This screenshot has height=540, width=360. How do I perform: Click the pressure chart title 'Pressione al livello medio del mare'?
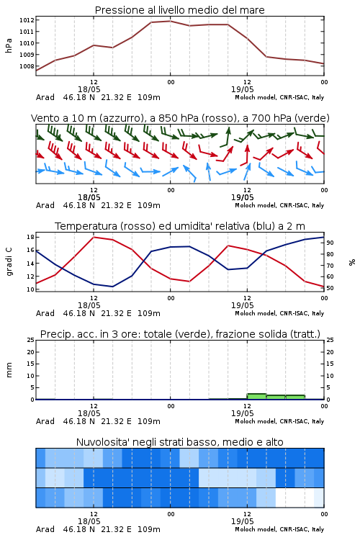(x=179, y=10)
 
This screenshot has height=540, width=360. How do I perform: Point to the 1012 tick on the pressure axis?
(x=27, y=20)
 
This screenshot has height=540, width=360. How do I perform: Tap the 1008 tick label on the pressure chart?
(x=27, y=66)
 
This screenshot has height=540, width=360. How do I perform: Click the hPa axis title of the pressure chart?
(x=9, y=45)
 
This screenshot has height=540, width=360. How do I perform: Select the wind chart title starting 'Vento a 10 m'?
(x=180, y=118)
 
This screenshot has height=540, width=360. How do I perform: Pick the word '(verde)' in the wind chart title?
(x=314, y=118)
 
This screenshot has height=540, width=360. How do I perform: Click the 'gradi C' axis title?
(x=9, y=262)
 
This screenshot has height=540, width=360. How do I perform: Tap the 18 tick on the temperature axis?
(x=30, y=237)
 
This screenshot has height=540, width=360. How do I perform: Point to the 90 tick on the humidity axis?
(x=330, y=243)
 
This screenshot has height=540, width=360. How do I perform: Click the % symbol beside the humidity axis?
(x=352, y=262)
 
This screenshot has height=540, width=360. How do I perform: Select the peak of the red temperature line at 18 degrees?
(x=94, y=237)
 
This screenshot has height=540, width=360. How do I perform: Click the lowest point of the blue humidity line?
(x=112, y=287)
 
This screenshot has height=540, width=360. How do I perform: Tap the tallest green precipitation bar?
(x=256, y=397)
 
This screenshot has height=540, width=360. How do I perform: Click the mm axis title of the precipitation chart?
(x=9, y=370)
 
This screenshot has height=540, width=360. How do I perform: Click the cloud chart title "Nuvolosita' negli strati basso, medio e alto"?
(x=179, y=442)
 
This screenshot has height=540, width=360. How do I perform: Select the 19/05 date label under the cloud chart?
(x=243, y=521)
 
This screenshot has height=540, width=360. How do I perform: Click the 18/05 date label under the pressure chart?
(x=89, y=89)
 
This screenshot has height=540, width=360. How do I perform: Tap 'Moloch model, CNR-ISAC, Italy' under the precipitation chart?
(x=279, y=421)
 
